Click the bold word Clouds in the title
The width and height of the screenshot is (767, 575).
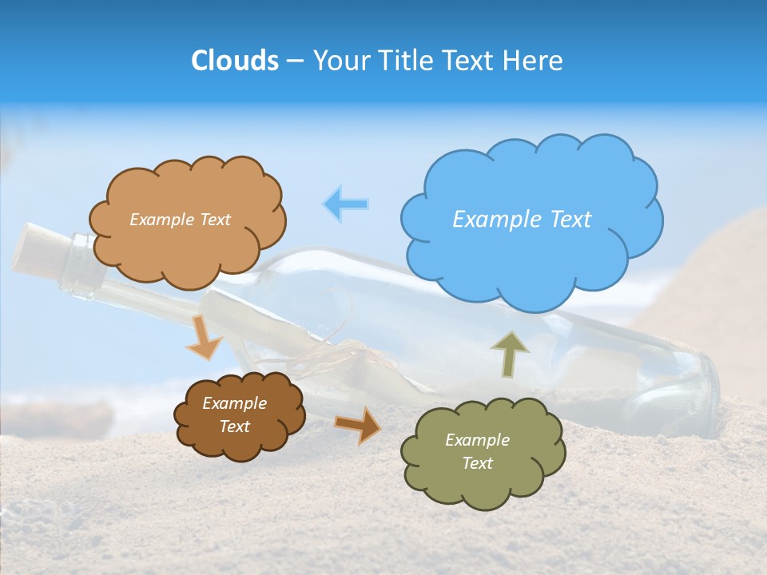pos(235,61)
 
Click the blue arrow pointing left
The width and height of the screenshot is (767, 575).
pos(346,204)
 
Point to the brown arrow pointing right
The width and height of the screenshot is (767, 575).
pos(358,424)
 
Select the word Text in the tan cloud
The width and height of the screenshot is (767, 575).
pos(214,220)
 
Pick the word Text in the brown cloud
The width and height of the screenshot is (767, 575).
pos(235,426)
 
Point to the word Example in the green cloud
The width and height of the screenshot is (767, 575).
pos(477,440)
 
